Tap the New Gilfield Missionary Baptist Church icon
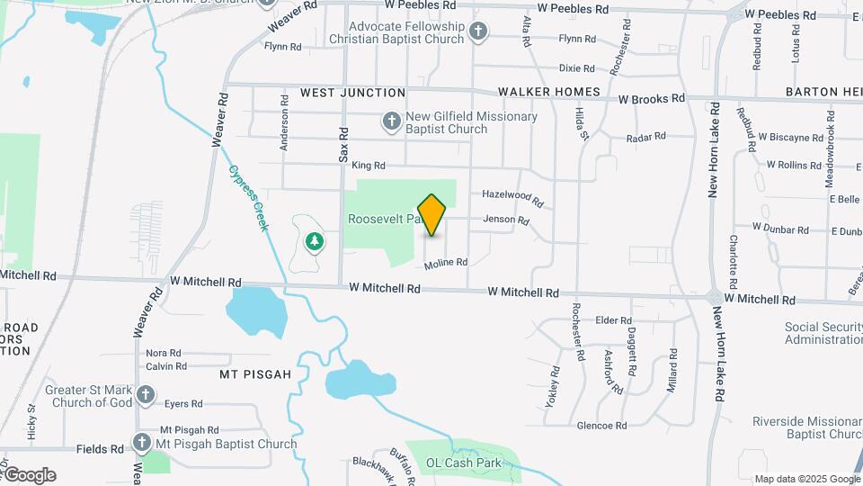391,121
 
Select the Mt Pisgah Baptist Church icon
141,443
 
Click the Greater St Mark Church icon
146,394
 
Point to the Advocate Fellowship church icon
478,31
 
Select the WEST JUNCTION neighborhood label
352,93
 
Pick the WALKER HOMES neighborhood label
548,92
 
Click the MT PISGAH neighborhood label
256,373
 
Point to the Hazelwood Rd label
512,197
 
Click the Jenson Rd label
506,220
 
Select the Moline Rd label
447,263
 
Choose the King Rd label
369,166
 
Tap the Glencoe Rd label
601,425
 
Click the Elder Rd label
614,320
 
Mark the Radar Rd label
645,137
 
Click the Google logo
29,475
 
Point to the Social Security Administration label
823,333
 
